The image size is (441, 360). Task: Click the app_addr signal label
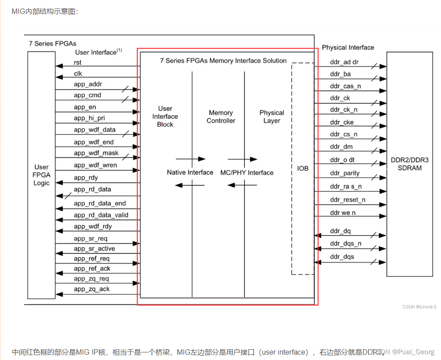click(x=88, y=84)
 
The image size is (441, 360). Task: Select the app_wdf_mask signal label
click(x=96, y=153)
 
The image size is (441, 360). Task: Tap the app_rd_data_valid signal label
click(x=101, y=215)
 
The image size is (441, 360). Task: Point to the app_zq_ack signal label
click(x=92, y=289)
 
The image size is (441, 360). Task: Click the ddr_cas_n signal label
click(x=345, y=86)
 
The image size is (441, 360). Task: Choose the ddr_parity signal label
click(x=344, y=173)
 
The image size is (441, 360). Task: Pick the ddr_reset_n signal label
click(x=347, y=199)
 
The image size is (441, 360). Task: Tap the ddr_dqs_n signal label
click(x=345, y=243)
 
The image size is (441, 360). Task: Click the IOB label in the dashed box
click(x=303, y=169)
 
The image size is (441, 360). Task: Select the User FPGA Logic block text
click(x=42, y=175)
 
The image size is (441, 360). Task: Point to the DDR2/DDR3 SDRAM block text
click(x=409, y=164)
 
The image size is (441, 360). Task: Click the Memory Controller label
click(x=221, y=117)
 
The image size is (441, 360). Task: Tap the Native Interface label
click(x=190, y=172)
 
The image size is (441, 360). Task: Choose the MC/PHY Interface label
click(x=247, y=172)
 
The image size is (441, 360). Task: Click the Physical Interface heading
click(x=348, y=47)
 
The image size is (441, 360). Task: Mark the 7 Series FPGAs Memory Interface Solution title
click(x=223, y=60)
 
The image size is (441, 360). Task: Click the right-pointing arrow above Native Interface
click(x=190, y=159)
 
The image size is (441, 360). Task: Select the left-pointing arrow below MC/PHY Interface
click(x=242, y=185)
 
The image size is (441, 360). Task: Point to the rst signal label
click(x=78, y=63)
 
